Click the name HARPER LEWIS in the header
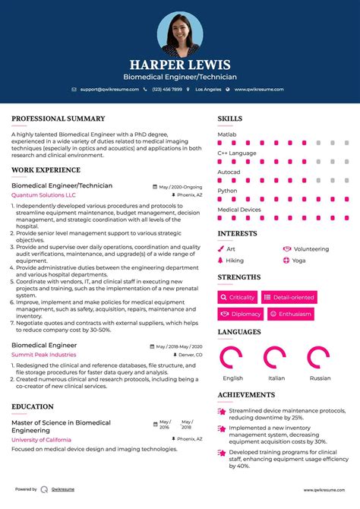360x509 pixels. point(180,65)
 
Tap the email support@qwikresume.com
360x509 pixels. point(108,89)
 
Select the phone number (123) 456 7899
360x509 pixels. point(166,89)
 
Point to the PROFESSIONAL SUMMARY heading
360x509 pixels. point(58,119)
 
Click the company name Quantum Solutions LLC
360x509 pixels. point(44,195)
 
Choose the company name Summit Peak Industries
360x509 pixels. point(44,355)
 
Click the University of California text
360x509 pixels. point(42,440)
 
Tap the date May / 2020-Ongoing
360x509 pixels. point(181,186)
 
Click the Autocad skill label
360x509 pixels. point(229,172)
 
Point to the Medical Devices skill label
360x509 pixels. point(239,210)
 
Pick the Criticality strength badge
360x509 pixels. point(238,297)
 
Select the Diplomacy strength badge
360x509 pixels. point(241,314)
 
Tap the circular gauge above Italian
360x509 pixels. point(275,358)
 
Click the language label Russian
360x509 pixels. point(319,378)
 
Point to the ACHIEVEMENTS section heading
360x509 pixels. point(246,395)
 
